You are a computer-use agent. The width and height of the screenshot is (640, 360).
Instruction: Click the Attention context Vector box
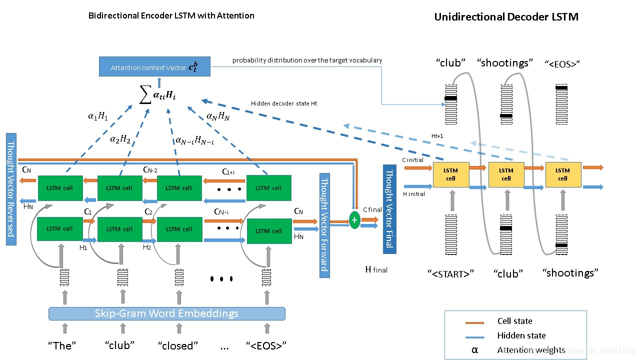pos(154,66)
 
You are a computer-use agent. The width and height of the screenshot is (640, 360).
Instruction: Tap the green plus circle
pos(354,220)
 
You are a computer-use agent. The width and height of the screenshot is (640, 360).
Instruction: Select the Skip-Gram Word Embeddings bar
pos(166,313)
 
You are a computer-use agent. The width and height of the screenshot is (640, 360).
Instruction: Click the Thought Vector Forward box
pos(325,225)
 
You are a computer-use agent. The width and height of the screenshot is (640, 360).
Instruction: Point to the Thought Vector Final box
pos(389,209)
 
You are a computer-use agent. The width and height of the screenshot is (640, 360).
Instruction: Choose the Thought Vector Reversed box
pos(11,189)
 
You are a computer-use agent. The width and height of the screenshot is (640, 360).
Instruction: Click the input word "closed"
pos(178,345)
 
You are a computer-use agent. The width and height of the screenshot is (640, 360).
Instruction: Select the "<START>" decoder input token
pos(450,273)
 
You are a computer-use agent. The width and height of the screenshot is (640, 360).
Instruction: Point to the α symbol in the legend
pos(474,350)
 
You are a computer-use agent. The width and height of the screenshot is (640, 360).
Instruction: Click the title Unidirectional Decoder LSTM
pos(506,17)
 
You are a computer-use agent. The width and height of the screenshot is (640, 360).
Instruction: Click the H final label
pos(376,269)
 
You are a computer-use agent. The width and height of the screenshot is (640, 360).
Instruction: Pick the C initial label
pos(412,160)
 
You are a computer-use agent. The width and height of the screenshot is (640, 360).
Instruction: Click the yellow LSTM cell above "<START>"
pos(450,174)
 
